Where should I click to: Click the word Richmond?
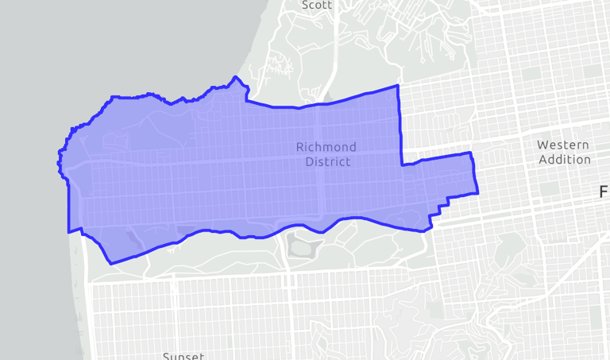326,147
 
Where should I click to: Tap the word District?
327,161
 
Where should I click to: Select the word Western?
562,145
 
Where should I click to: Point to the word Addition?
564,159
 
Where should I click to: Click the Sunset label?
183,355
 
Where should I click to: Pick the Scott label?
317,5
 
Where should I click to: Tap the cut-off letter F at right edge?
604,192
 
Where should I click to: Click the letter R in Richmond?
300,147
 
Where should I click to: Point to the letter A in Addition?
542,159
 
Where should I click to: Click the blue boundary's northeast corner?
396,86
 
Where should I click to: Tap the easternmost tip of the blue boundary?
477,192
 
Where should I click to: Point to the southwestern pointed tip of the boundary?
110,263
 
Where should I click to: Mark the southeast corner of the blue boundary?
430,229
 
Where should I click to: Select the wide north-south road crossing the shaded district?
319,159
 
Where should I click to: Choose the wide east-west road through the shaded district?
238,160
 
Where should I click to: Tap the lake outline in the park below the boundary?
302,246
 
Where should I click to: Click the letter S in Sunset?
166,355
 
